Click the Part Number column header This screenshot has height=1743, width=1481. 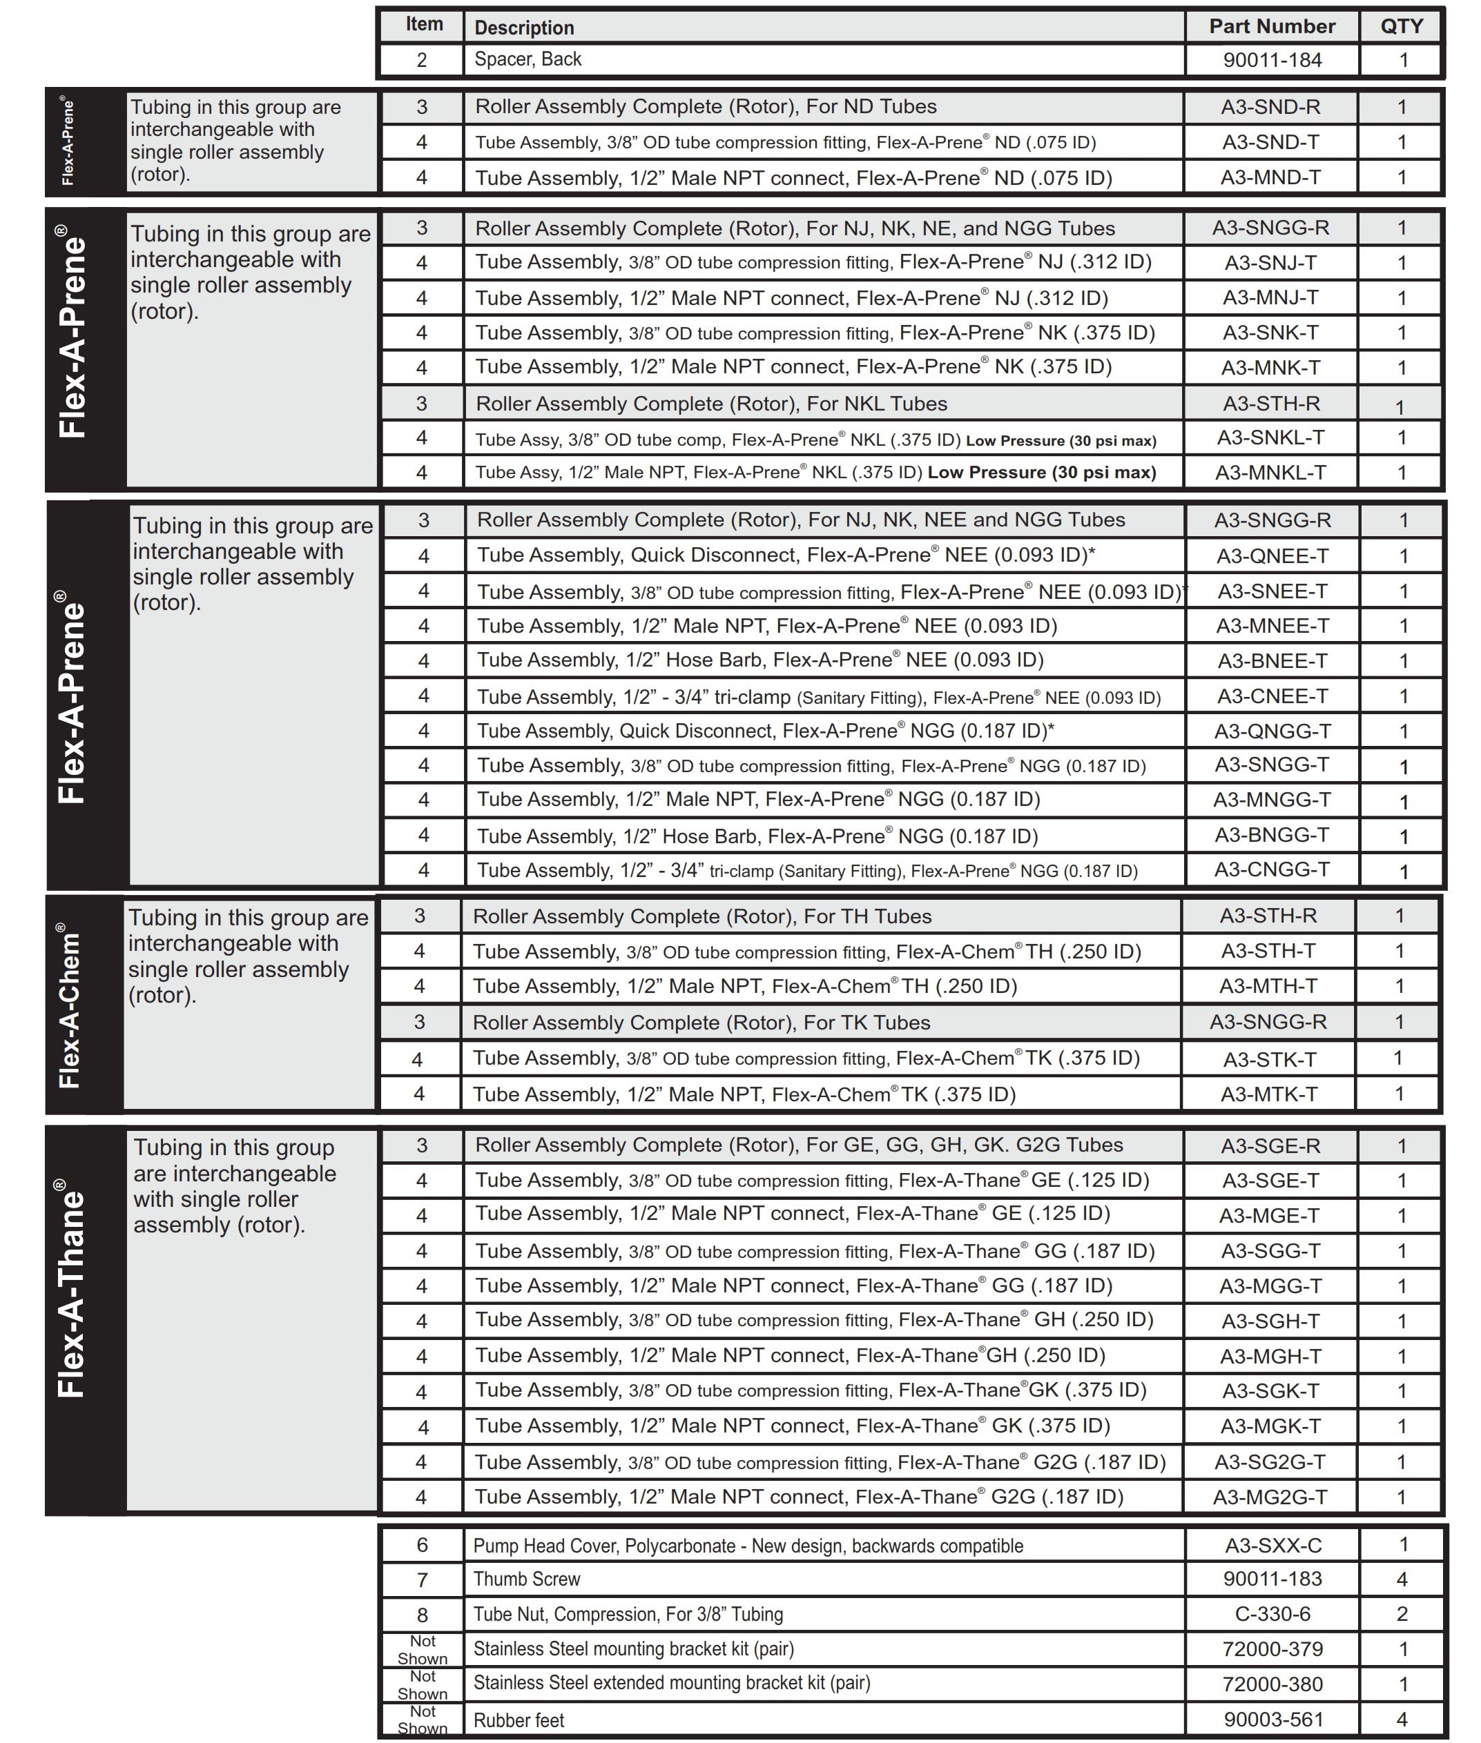point(1271,27)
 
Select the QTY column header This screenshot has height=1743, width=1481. point(1401,27)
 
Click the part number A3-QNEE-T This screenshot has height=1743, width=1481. point(1272,555)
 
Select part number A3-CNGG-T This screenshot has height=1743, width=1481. point(1272,869)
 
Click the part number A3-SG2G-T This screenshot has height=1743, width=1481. point(1270,1463)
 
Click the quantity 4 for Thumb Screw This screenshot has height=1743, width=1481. point(1401,1579)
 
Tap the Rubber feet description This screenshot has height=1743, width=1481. point(519,1720)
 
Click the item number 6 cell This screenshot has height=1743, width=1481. point(423,1545)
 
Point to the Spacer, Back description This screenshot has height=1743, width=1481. point(528,59)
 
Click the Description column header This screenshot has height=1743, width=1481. point(525,28)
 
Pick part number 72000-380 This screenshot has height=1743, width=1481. point(1272,1684)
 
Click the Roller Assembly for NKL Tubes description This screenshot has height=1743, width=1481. point(711,404)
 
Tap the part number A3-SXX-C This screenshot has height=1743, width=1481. point(1272,1545)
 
